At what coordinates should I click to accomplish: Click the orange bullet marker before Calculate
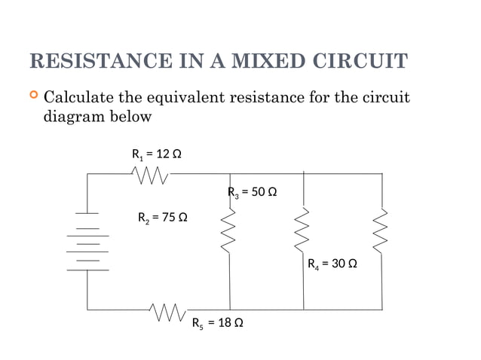pos(32,96)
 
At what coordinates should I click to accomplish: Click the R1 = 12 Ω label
pos(157,154)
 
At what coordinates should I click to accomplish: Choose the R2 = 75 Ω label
pos(162,218)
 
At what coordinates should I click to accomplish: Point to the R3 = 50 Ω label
pos(253,192)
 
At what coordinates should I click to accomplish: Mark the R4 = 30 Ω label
pos(332,264)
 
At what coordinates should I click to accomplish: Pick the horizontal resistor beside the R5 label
pos(167,310)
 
